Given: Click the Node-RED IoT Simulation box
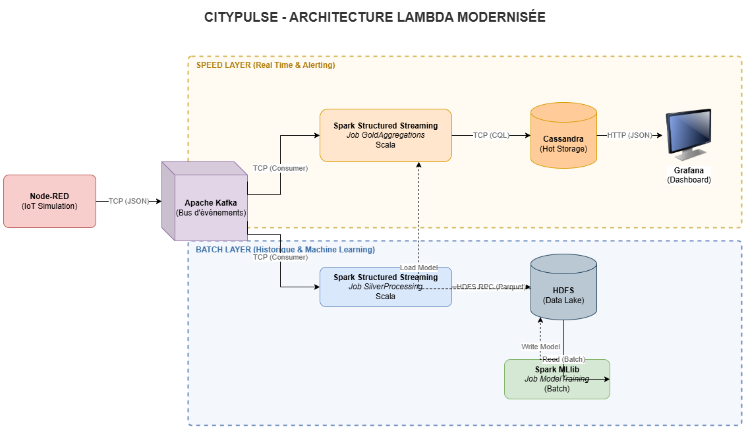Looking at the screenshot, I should [x=49, y=201].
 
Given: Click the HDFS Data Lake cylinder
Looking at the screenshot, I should [x=563, y=290].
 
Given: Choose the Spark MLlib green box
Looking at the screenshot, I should [x=557, y=379].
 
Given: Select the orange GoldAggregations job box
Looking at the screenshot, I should [x=386, y=135].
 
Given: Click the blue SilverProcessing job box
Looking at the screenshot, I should [x=386, y=287].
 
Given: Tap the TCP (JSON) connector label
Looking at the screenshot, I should [x=129, y=201].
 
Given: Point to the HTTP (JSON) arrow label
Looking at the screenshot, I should [x=629, y=135].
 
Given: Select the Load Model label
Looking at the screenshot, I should [x=418, y=268].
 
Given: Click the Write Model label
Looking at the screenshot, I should [x=540, y=347].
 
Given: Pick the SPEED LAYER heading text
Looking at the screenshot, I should [x=266, y=65].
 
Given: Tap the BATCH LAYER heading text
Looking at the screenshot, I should [x=285, y=250].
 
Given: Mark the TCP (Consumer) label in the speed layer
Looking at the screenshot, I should [x=280, y=168].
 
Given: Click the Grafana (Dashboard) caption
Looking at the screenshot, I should [x=689, y=175].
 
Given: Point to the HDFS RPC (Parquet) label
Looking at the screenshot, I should [x=492, y=287].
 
